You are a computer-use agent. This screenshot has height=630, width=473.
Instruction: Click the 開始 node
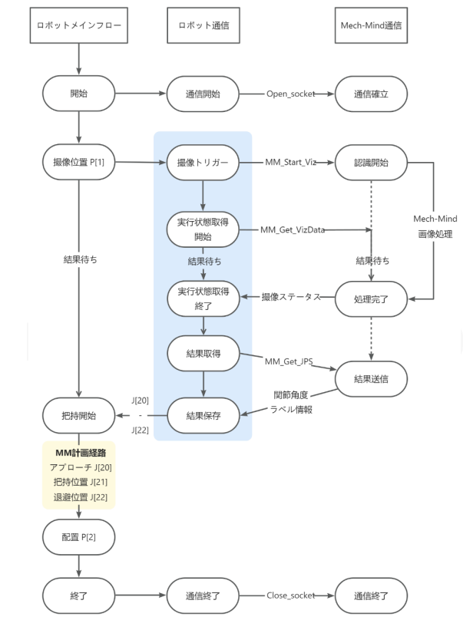(79, 96)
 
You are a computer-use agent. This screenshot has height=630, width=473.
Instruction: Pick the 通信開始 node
(203, 96)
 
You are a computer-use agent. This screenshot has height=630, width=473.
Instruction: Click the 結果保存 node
(203, 417)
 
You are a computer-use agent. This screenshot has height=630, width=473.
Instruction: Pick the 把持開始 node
(79, 417)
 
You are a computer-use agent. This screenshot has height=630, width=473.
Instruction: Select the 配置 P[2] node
(79, 536)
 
